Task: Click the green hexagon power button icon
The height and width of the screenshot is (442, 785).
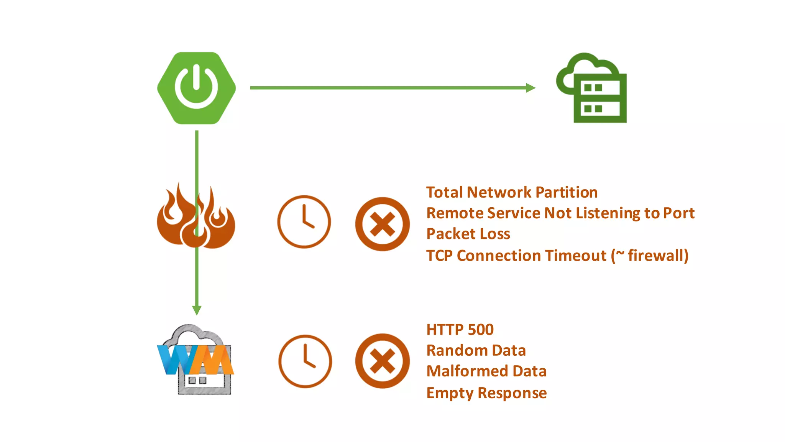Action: [x=196, y=88]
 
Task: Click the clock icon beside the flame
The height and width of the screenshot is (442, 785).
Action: [x=304, y=222]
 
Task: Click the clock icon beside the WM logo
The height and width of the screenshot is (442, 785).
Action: [x=305, y=361]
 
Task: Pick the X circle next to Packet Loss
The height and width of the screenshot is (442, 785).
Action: [x=382, y=224]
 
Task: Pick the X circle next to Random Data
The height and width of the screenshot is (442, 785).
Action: [x=382, y=361]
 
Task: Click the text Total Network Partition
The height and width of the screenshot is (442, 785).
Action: [x=512, y=192]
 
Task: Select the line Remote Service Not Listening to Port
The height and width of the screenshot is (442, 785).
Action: [x=560, y=213]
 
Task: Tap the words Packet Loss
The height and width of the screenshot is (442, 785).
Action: [x=468, y=234]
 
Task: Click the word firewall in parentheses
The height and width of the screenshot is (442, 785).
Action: [x=655, y=255]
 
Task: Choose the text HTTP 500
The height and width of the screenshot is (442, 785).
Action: [x=460, y=330]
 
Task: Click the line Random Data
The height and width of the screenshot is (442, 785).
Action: [x=476, y=350]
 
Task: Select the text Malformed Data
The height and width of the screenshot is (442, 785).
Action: [x=486, y=371]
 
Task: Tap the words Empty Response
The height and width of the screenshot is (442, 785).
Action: [x=486, y=393]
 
